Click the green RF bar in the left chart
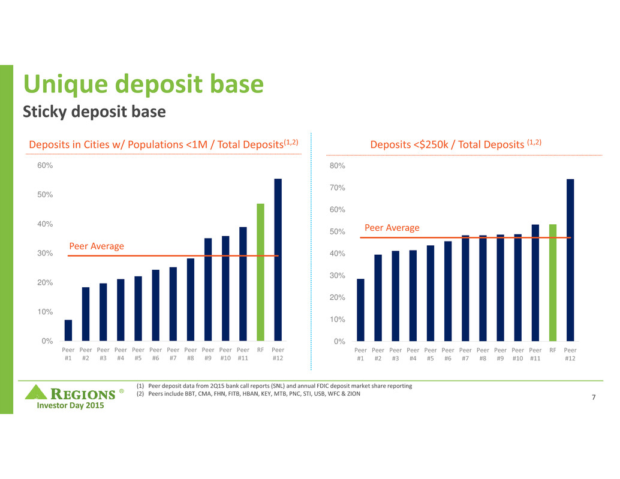[260, 272]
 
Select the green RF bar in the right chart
[553, 282]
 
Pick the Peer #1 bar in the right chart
[360, 310]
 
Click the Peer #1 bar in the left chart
[68, 330]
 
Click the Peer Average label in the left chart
[97, 246]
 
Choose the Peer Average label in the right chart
[392, 228]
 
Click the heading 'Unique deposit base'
[143, 85]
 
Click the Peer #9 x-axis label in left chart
[208, 354]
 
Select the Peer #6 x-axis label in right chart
[448, 354]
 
